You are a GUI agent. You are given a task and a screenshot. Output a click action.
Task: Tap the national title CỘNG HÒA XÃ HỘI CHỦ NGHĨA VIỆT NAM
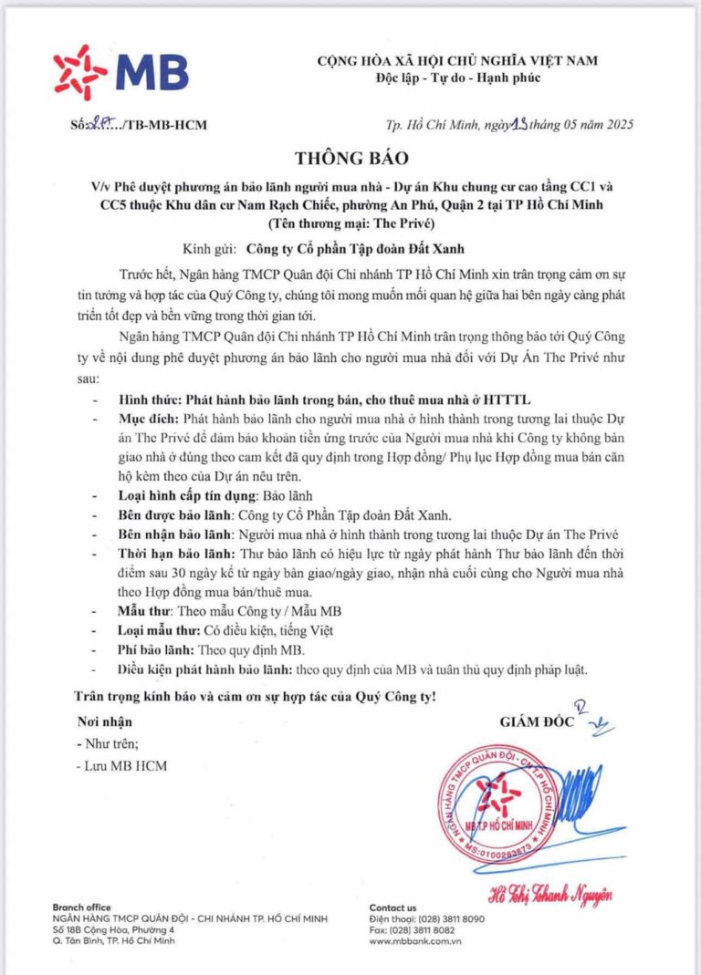457,60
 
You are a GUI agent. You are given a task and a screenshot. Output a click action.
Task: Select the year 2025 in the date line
615,125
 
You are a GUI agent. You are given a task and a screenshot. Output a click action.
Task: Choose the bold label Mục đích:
149,417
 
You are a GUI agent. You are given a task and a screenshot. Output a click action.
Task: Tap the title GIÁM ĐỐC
537,721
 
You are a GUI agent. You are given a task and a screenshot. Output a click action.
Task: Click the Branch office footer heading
82,908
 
